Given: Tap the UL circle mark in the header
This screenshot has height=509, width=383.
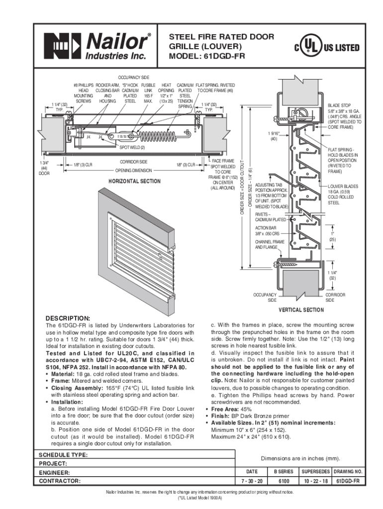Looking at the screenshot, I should [x=309, y=48].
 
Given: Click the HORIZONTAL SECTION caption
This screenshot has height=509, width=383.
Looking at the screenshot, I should [x=134, y=181].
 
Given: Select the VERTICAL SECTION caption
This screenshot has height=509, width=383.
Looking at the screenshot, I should [x=301, y=310].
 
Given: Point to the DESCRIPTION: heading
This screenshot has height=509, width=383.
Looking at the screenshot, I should [x=68, y=318].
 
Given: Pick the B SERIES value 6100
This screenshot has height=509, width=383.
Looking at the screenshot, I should [x=284, y=481].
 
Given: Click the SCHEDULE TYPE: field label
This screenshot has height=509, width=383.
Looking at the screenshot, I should [x=64, y=455].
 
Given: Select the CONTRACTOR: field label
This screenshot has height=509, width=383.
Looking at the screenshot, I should [x=60, y=481].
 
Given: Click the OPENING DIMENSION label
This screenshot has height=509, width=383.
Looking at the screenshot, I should [x=133, y=170].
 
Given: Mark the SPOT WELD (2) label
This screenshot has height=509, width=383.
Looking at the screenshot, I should [x=131, y=148].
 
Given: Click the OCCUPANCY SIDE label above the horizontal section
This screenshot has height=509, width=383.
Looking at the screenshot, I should [x=133, y=79].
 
